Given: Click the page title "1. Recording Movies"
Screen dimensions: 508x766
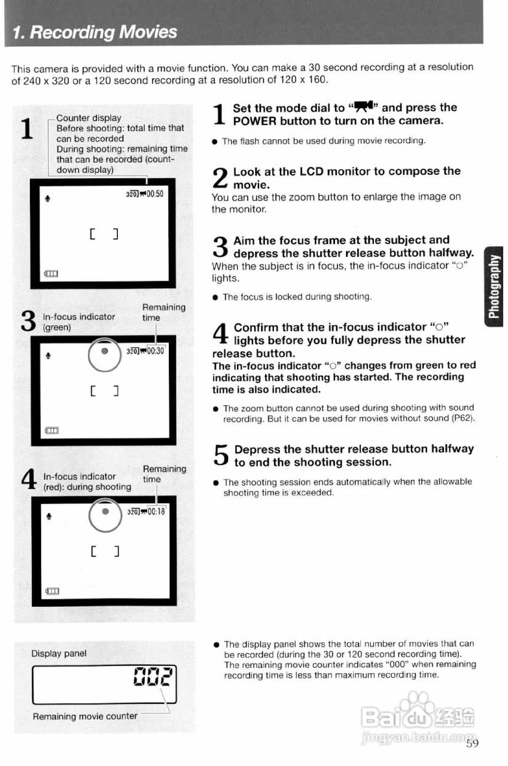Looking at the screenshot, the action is coord(95,32).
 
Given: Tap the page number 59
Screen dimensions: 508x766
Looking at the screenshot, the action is coord(472,743).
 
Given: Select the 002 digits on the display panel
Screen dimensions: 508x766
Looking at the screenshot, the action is coord(153,677).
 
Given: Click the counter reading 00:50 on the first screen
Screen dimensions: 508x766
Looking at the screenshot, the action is coord(153,194).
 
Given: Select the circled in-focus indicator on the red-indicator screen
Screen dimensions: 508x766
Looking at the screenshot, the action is coord(105,513).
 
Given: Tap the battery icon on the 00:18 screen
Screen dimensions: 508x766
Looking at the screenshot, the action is coord(53,591).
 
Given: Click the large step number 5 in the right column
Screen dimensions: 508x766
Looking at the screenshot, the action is coord(221,456).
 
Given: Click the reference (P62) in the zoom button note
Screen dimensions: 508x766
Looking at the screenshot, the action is coord(464,419).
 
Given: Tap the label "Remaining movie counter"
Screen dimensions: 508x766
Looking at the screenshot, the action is coord(85,716).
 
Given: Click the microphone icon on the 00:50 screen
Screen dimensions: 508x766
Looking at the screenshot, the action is coord(48,194).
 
